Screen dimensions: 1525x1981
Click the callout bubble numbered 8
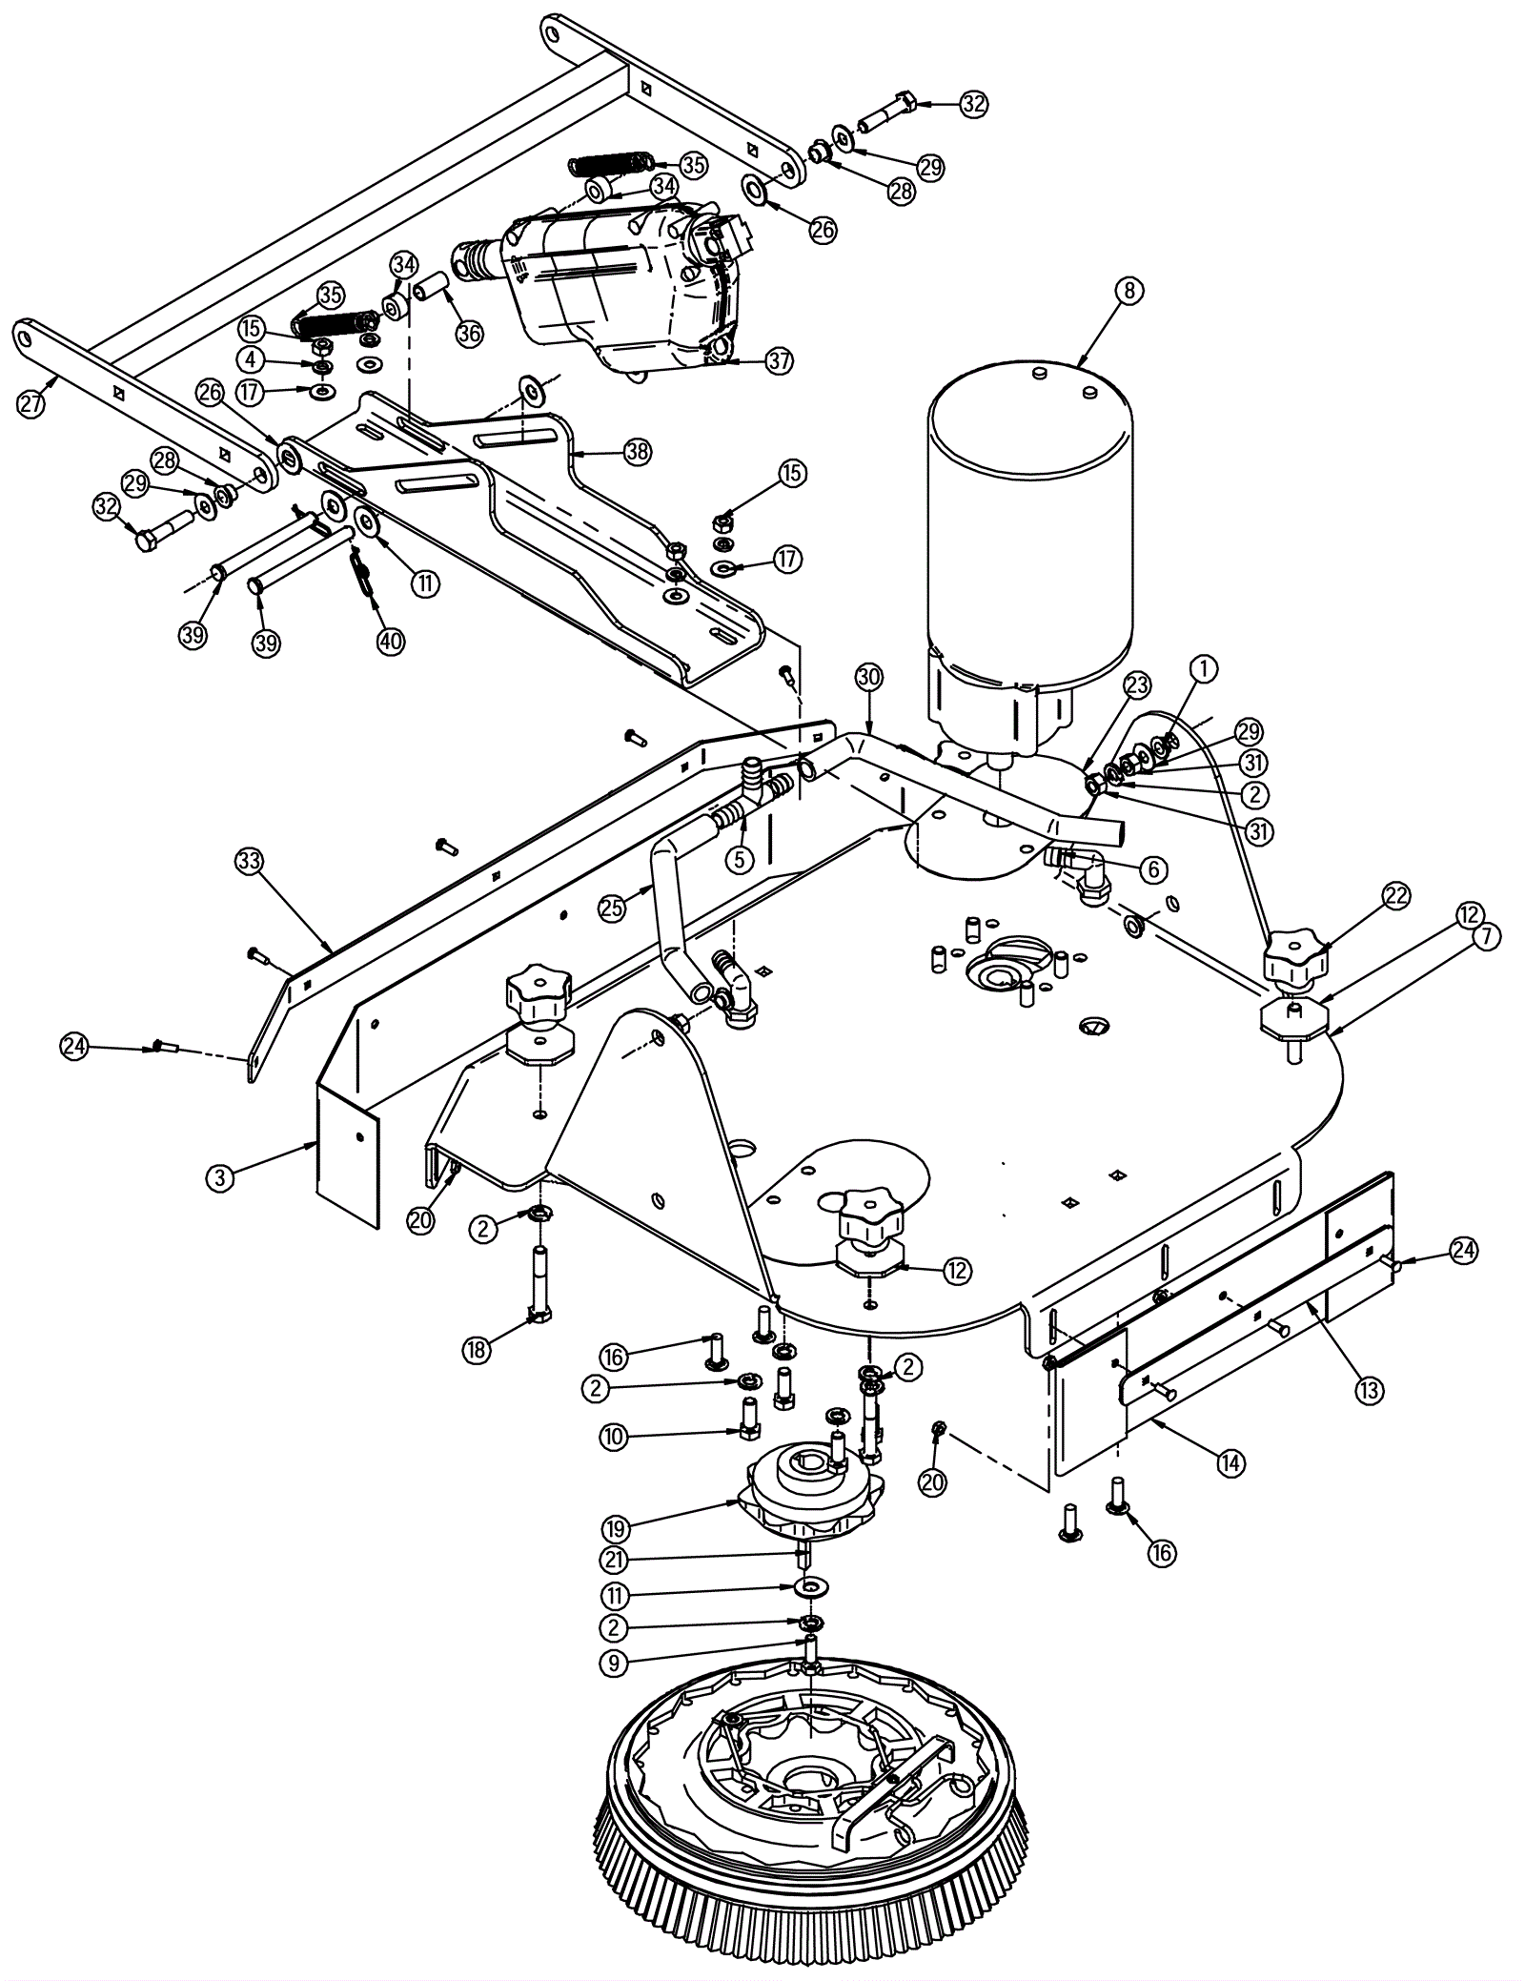[1128, 292]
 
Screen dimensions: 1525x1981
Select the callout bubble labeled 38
[638, 451]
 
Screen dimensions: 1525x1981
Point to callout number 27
[31, 404]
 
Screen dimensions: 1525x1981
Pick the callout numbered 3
[220, 1178]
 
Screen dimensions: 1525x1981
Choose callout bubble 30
[869, 678]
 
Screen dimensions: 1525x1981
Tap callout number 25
[613, 908]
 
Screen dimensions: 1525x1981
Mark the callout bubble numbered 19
[615, 1529]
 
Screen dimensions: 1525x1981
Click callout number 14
[1231, 1462]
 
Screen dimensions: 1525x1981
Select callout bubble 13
[1369, 1391]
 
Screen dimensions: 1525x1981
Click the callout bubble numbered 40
[390, 642]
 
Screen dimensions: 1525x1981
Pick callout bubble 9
[615, 1664]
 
